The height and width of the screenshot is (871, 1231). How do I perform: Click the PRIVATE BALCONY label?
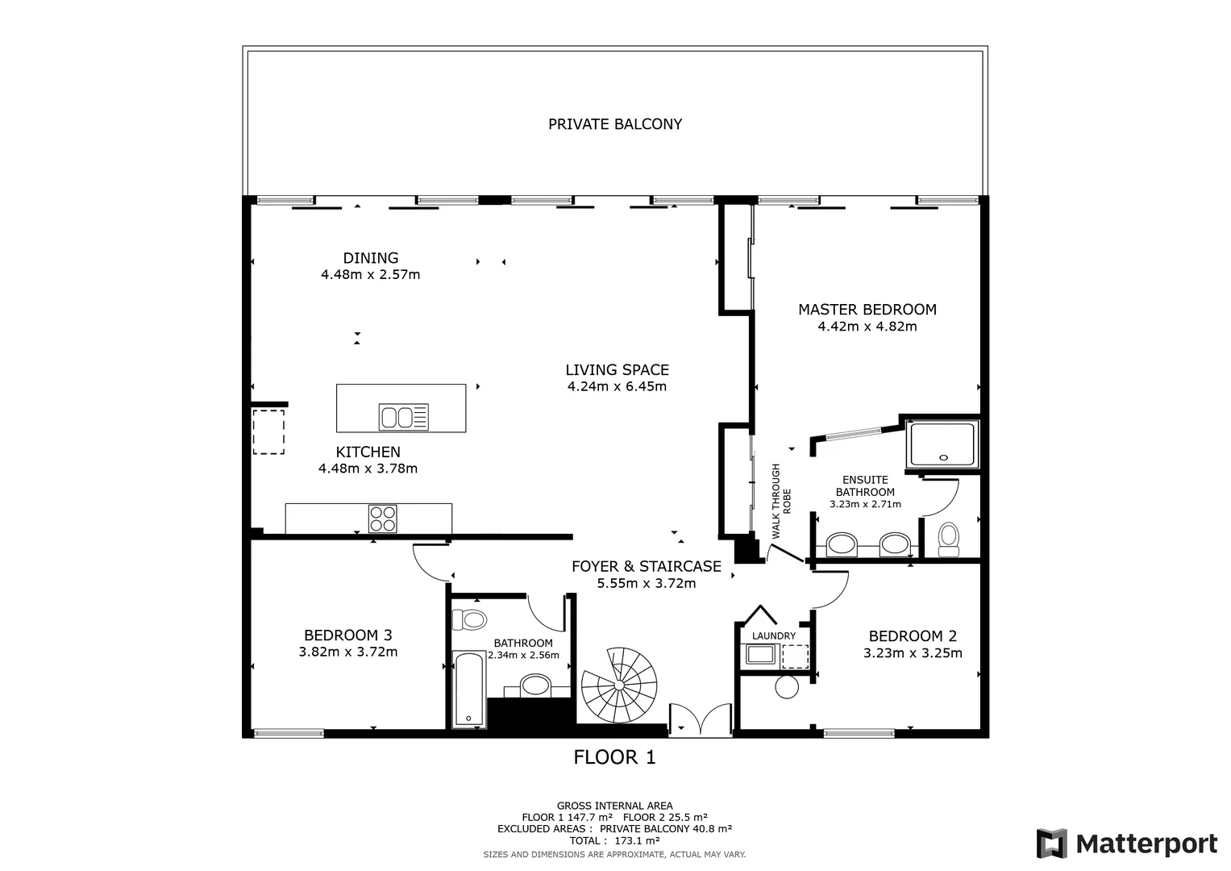click(615, 124)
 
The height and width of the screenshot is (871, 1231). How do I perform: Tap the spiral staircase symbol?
click(619, 686)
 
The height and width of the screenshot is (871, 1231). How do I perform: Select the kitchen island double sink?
click(403, 417)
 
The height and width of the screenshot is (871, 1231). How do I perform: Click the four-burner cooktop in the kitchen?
click(382, 518)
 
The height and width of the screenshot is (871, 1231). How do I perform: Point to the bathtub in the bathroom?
click(468, 690)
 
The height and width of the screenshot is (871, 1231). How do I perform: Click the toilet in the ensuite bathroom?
click(949, 538)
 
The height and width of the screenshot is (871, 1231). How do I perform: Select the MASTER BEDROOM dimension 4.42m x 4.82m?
click(867, 327)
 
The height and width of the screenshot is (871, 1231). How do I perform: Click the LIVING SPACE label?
click(617, 370)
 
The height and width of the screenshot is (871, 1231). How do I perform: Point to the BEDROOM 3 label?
click(347, 636)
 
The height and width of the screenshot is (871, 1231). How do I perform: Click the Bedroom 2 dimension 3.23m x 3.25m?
click(913, 653)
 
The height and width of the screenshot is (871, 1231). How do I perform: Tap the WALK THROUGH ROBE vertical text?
click(781, 501)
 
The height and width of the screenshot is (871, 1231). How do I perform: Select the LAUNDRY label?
click(773, 636)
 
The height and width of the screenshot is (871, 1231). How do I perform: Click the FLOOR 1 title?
click(614, 757)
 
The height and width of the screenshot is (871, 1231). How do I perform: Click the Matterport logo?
click(1126, 844)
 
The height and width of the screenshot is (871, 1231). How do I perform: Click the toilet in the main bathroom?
click(469, 620)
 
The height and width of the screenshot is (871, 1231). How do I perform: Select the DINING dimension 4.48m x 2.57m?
click(370, 274)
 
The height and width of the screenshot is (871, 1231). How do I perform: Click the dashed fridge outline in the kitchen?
click(268, 431)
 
